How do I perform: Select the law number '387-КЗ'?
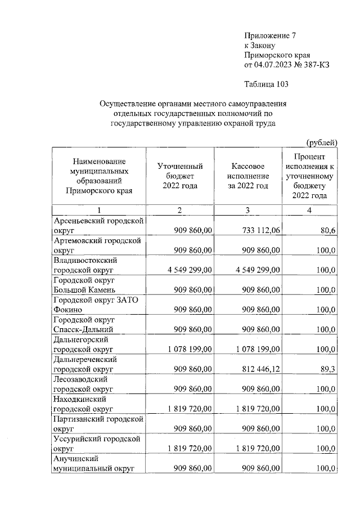point(317,65)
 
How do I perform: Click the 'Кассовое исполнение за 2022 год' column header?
point(249,176)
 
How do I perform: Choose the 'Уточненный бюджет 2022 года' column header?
point(180,176)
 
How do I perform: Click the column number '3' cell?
point(249,211)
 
